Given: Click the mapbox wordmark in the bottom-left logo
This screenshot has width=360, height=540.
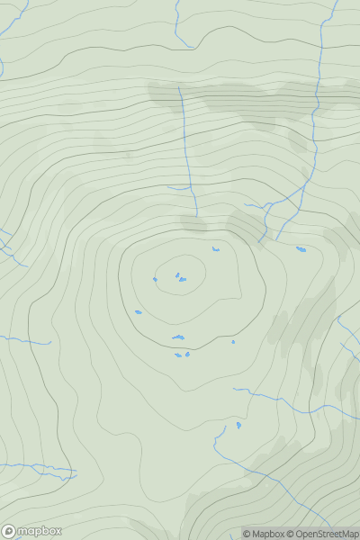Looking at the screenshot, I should click(40, 531).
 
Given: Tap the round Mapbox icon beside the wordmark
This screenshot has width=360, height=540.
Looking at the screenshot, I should click(9, 531).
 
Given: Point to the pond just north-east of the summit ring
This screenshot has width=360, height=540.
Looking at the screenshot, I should click(216, 249).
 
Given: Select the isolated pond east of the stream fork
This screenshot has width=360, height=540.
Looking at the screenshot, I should click(301, 249).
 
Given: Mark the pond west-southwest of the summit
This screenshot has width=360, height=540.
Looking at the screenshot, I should click(138, 312).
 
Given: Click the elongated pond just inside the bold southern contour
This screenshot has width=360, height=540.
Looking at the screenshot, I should click(178, 337).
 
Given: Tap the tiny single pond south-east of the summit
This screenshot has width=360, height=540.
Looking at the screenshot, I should click(233, 341).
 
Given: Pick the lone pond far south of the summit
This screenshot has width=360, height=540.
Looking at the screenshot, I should click(238, 424).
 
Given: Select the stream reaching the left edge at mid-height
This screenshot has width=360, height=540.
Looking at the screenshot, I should click(22, 340).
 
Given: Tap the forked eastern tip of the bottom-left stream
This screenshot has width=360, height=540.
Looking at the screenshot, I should click(70, 472).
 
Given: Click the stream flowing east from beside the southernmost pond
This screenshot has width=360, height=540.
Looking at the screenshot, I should click(270, 396).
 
